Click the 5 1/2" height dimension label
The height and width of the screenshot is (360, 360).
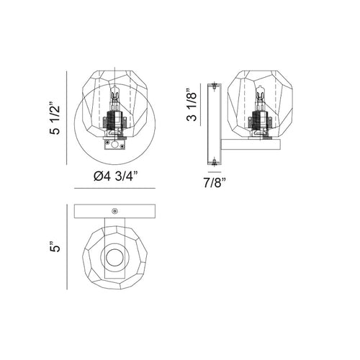pyautogui.click(x=55, y=118)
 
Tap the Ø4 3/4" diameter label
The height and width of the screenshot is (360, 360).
pyautogui.click(x=116, y=176)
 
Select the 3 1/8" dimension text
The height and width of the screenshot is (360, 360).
pyautogui.click(x=192, y=104)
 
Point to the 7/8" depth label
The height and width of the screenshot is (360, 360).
pyautogui.click(x=215, y=183)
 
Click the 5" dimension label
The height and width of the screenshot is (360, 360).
pyautogui.click(x=55, y=246)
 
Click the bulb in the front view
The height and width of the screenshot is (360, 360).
pyautogui.click(x=115, y=96)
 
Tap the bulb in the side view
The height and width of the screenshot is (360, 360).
pyautogui.click(x=260, y=96)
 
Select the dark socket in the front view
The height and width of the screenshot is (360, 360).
pyautogui.click(x=115, y=120)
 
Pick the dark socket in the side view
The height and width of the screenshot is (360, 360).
pyautogui.click(x=260, y=120)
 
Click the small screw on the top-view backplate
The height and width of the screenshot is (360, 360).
pyautogui.click(x=115, y=211)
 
